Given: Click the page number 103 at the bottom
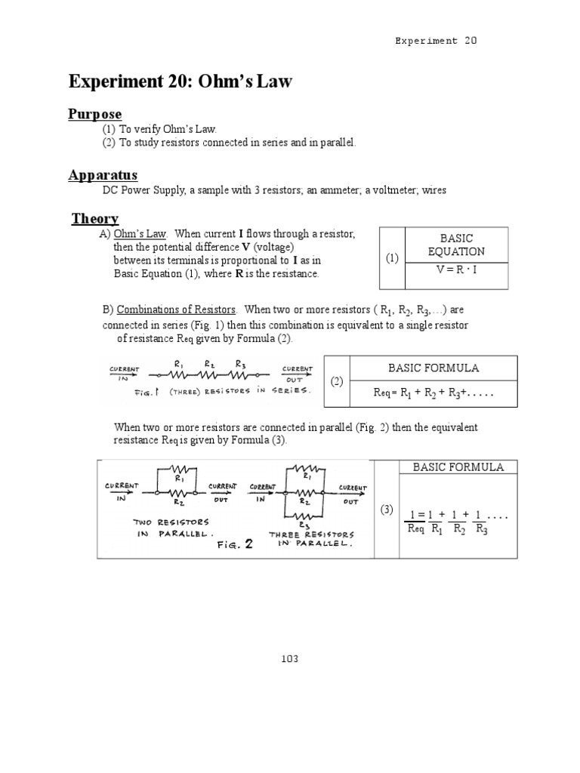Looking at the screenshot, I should [x=289, y=659].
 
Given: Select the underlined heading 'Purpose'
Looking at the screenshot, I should [x=95, y=114].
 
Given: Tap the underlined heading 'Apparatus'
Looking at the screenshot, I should [x=103, y=175].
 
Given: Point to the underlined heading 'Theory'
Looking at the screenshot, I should [x=95, y=219].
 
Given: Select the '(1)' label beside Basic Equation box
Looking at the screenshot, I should [x=392, y=258].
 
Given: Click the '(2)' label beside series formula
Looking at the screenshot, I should [x=338, y=382].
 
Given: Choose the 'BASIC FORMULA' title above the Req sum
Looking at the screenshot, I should [x=433, y=368].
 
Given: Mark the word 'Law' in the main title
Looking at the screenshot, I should [x=265, y=80].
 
